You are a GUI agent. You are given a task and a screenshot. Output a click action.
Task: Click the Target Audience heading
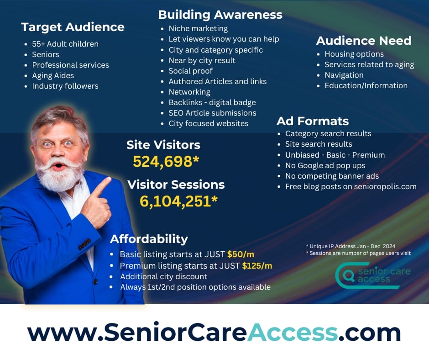(x=73, y=27)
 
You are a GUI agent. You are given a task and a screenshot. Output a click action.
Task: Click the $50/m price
(x=241, y=254)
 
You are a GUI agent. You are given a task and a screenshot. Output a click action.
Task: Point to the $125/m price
(x=257, y=265)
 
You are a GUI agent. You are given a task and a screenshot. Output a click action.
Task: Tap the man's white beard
(x=58, y=175)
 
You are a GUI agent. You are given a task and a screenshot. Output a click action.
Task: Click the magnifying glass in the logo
(x=349, y=275)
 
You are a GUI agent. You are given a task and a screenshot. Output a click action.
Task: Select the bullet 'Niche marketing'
(x=198, y=28)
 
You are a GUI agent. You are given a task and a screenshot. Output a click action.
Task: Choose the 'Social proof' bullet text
(x=190, y=71)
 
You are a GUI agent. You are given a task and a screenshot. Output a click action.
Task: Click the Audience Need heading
(x=364, y=41)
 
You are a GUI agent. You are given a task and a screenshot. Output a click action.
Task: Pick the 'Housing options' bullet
(x=354, y=54)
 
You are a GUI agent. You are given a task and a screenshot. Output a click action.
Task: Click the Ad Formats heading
(x=313, y=121)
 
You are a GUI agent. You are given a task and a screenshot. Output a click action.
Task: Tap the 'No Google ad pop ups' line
(x=325, y=165)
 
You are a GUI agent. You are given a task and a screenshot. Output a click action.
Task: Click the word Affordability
(x=149, y=239)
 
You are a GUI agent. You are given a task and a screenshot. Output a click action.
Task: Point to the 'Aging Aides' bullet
(x=53, y=75)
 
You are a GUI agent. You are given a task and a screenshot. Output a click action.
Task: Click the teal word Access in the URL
(x=293, y=332)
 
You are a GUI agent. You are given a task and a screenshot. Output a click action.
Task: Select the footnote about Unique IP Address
(x=351, y=246)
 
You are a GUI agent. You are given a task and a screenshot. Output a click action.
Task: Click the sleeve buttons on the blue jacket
(x=84, y=244)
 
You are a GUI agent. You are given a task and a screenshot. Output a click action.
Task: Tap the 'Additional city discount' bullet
(x=163, y=276)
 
